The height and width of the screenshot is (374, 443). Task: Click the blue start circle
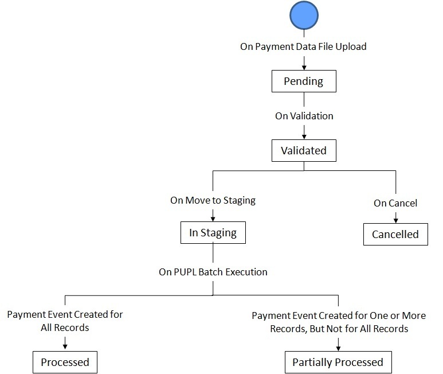(304, 16)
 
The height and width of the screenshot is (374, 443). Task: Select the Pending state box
(304, 81)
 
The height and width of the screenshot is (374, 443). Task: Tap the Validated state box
(304, 151)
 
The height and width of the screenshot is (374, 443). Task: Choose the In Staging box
(213, 233)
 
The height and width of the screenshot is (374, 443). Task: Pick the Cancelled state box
(395, 234)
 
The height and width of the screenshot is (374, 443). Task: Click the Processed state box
(65, 362)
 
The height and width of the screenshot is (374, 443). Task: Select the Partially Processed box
(338, 362)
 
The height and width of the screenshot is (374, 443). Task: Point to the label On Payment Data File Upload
(303, 46)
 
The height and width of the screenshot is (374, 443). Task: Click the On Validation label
(304, 116)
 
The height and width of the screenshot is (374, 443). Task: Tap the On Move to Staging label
(213, 201)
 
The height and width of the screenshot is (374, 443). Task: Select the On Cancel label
(395, 202)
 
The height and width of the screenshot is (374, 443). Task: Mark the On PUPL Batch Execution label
(213, 271)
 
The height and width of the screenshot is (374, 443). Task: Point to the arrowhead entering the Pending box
(304, 68)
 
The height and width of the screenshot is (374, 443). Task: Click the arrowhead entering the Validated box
(304, 137)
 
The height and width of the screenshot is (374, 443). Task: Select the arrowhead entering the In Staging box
(213, 219)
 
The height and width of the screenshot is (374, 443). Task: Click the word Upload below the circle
(351, 46)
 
